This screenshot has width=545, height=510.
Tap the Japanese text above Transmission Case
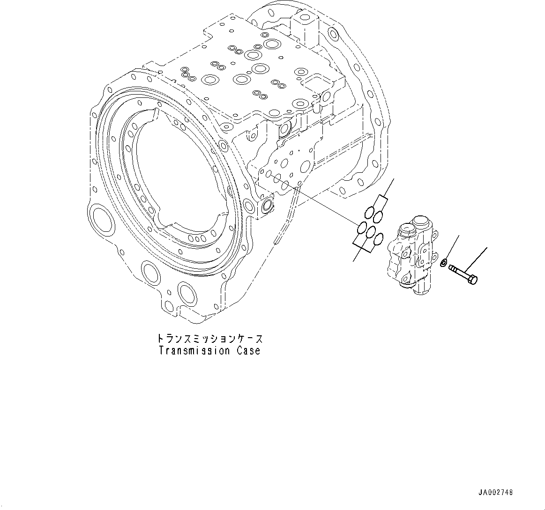click(209, 338)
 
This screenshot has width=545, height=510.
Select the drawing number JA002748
click(496, 492)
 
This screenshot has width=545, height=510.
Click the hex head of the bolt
click(473, 280)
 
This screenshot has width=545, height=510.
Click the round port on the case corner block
click(267, 205)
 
